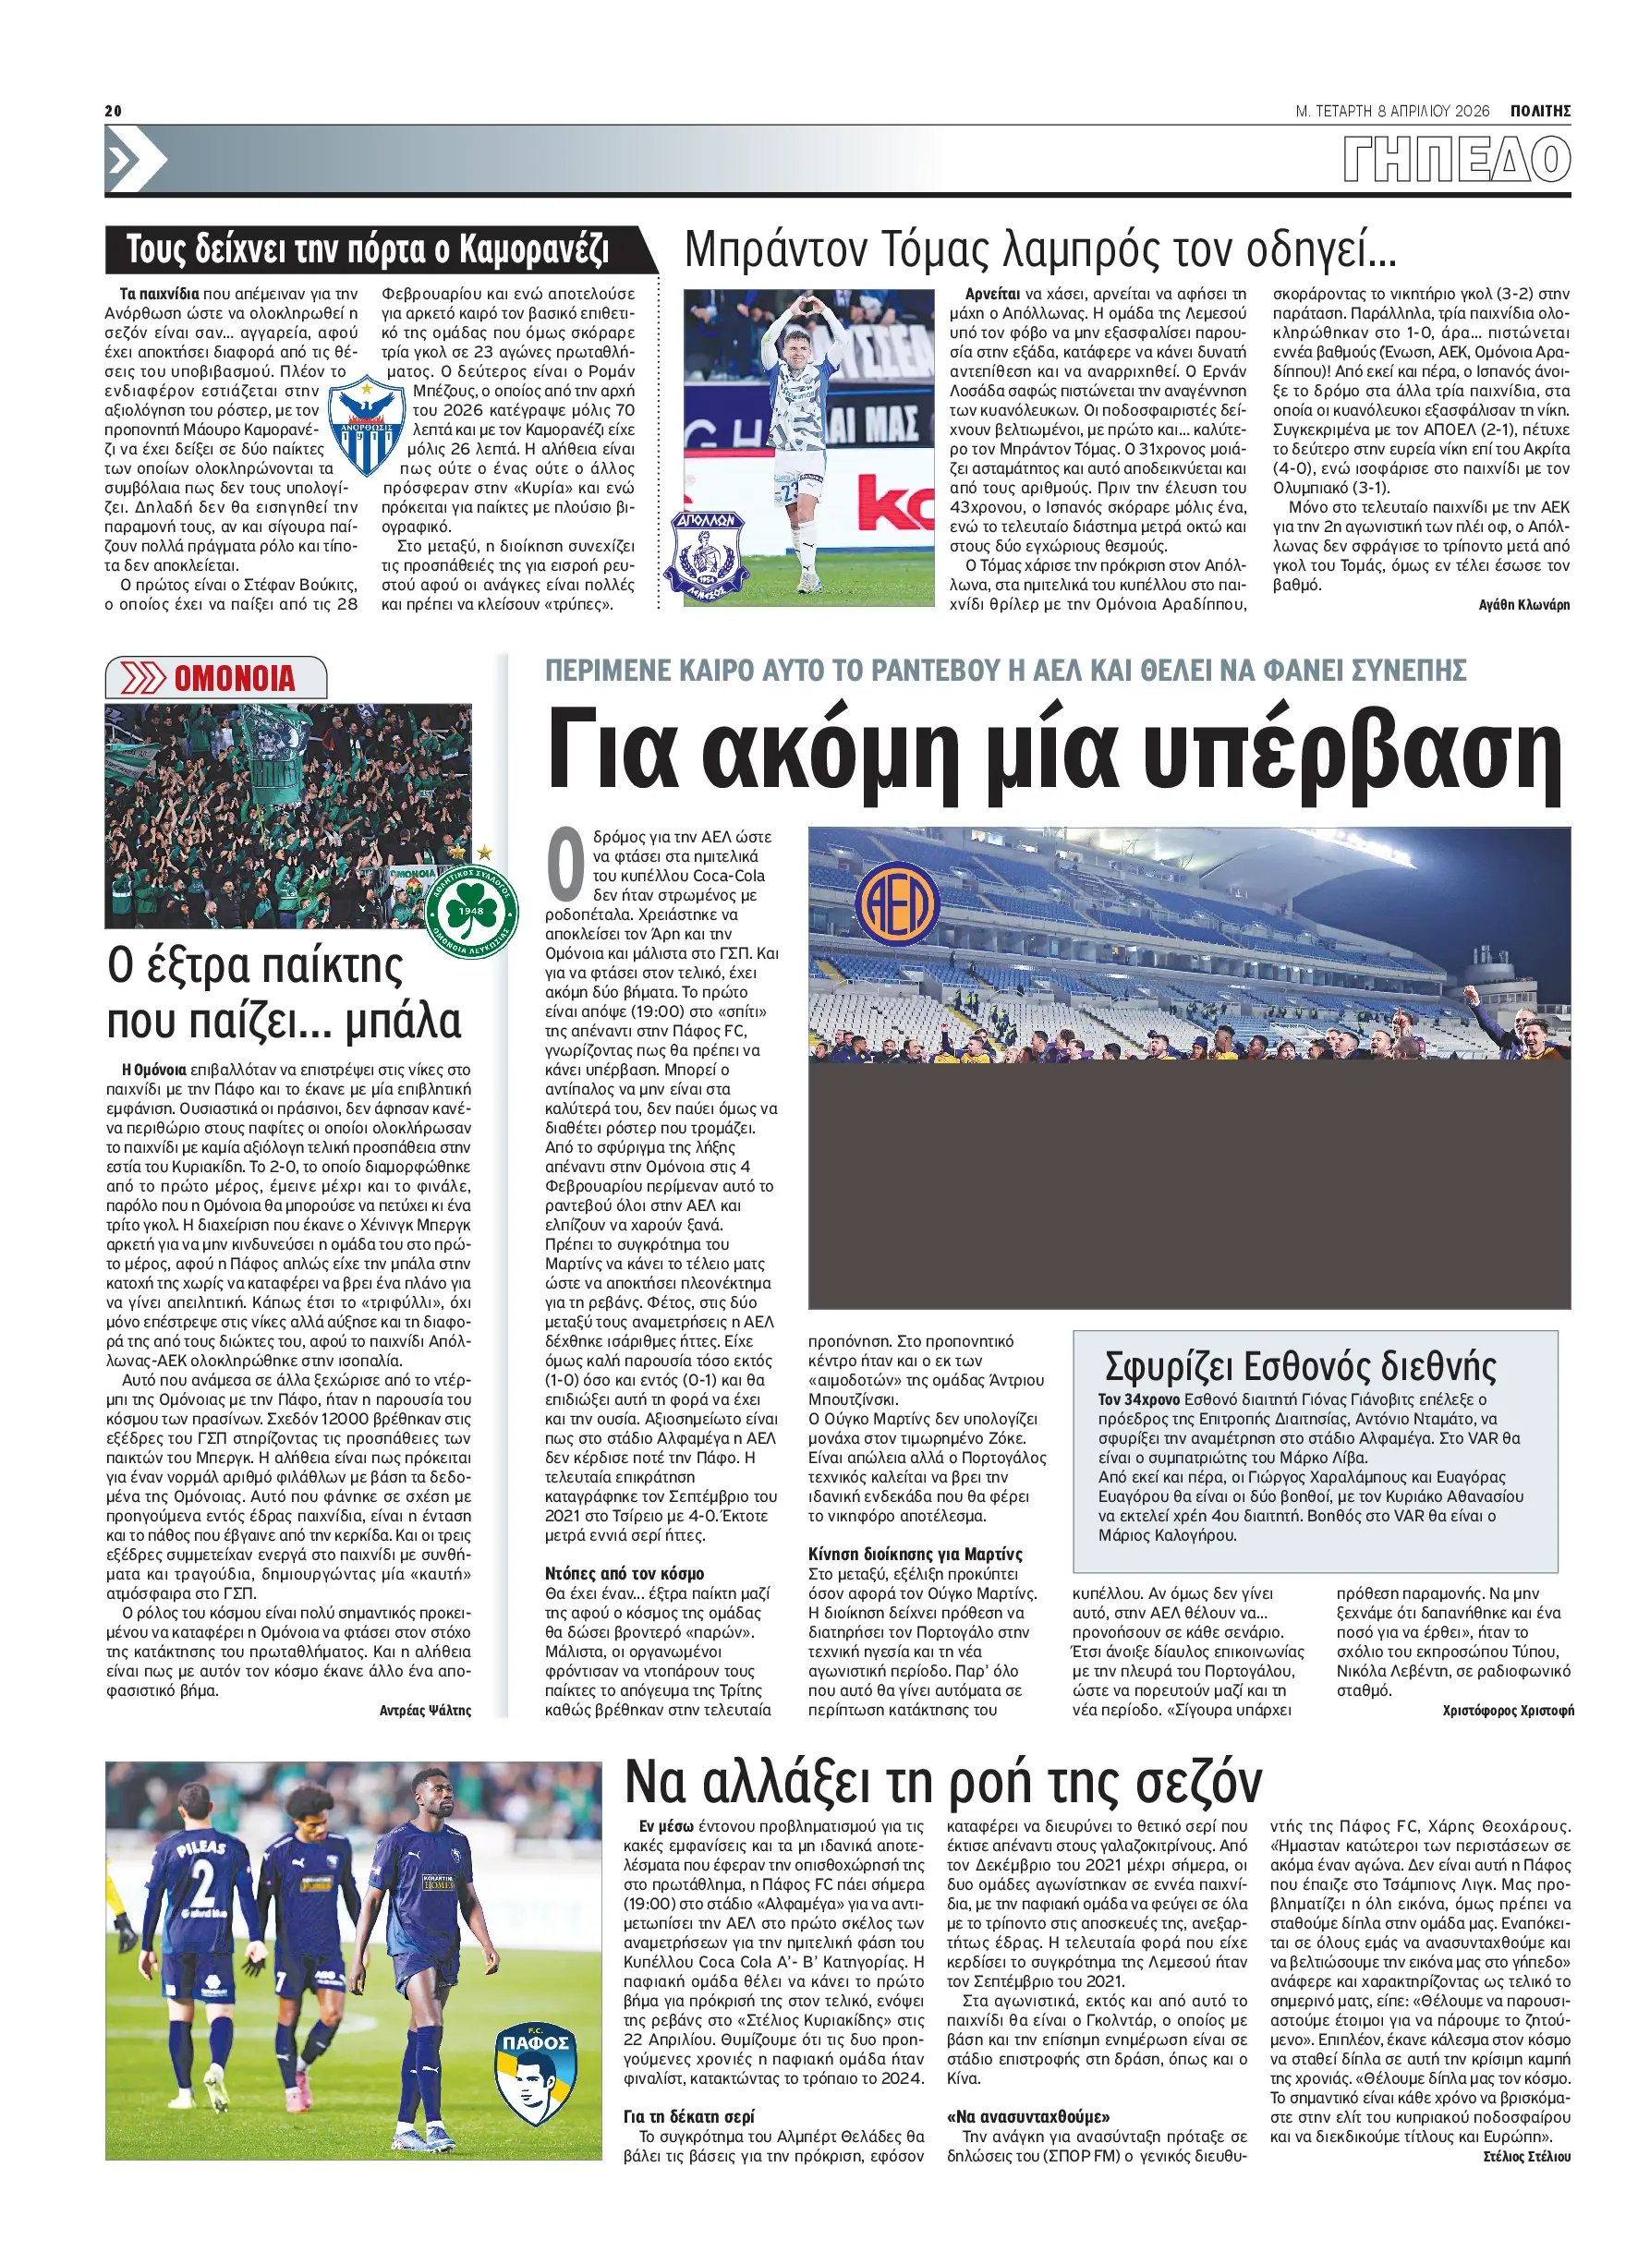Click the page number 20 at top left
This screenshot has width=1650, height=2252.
click(113, 111)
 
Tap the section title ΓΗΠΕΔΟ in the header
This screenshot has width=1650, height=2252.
click(1456, 161)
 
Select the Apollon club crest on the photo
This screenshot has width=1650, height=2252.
click(709, 555)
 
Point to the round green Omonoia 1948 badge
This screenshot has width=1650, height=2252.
click(470, 911)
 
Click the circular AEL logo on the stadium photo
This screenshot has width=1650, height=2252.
click(897, 903)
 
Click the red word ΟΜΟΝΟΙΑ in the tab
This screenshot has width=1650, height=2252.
click(235, 679)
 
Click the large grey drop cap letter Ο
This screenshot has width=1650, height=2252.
click(566, 865)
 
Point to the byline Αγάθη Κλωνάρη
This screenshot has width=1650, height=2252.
click(1523, 605)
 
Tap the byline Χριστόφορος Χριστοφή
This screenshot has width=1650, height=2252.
click(1507, 1711)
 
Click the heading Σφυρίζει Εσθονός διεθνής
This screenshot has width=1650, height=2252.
click(1300, 1365)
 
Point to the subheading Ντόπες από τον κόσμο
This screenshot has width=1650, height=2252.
click(625, 1574)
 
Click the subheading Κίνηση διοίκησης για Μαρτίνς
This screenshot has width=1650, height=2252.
click(915, 1554)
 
